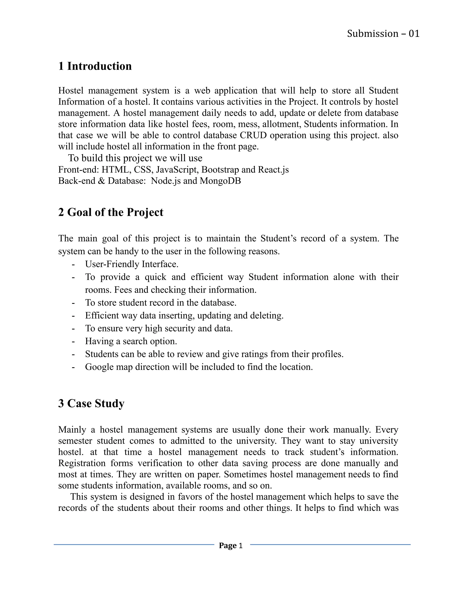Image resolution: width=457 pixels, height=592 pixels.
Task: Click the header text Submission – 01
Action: click(383, 34)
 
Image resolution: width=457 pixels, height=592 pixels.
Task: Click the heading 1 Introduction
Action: click(95, 66)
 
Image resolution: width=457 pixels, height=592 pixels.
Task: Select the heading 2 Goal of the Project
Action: click(111, 212)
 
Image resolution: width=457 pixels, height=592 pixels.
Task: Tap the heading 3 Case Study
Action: click(91, 403)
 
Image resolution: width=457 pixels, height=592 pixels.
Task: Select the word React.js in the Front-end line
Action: click(273, 170)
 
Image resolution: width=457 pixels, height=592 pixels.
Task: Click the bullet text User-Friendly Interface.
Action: click(132, 264)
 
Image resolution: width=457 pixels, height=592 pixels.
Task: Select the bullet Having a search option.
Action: click(131, 341)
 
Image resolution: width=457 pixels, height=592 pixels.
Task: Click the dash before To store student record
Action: click(73, 303)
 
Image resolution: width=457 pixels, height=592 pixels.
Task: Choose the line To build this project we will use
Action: click(135, 158)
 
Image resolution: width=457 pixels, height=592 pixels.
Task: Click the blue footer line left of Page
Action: click(134, 544)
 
